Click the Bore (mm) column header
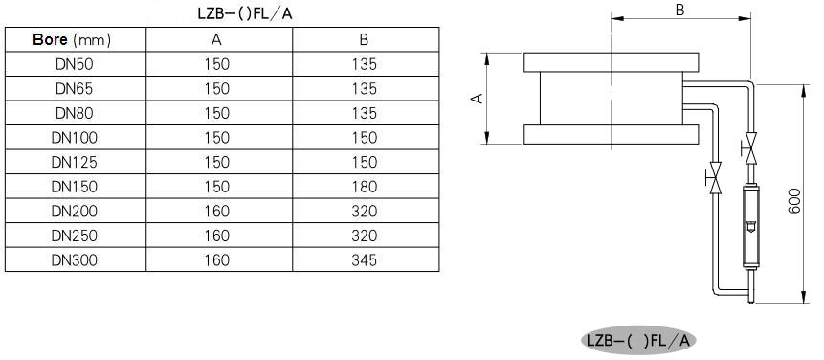click(72, 40)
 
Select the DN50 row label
click(74, 64)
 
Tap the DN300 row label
click(74, 260)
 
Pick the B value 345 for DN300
click(365, 260)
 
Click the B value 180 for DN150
click(365, 187)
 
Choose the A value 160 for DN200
click(217, 212)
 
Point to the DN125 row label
click(74, 163)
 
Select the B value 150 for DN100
click(365, 138)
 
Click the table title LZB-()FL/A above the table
click(245, 13)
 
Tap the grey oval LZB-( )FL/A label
click(638, 341)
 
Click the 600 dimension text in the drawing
click(794, 201)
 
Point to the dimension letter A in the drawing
click(478, 99)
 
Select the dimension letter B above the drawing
click(679, 10)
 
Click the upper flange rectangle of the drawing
click(612, 62)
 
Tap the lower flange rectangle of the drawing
click(612, 135)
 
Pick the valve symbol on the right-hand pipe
click(750, 148)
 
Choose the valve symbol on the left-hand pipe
click(714, 178)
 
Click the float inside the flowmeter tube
click(750, 227)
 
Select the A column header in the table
click(217, 40)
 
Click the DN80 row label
click(74, 113)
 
